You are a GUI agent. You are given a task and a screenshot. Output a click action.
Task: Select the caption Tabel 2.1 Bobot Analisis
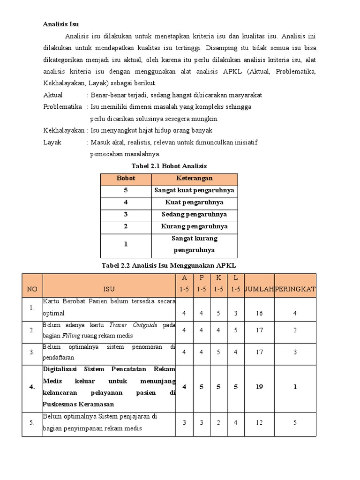click(169, 166)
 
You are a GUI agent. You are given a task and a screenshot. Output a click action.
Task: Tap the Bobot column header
click(126, 178)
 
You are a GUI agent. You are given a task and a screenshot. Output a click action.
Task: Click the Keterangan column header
click(194, 178)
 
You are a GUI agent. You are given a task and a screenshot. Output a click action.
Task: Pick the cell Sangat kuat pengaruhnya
click(194, 190)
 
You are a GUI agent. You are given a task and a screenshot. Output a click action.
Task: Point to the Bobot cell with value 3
click(126, 214)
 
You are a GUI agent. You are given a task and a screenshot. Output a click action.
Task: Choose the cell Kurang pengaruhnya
click(194, 226)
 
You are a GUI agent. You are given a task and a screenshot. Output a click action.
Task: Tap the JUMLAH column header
click(259, 289)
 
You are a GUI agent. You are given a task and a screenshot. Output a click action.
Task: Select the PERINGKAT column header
click(295, 289)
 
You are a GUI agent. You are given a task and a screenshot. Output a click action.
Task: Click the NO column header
click(32, 289)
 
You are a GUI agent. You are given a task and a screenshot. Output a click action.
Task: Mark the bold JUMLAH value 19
click(259, 387)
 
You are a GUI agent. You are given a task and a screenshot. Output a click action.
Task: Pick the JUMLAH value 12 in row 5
click(259, 422)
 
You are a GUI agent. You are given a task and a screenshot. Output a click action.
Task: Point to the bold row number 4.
click(32, 387)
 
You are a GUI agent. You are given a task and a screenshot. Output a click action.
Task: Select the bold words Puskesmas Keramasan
click(78, 404)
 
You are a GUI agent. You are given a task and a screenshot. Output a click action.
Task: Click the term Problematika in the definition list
click(62, 106)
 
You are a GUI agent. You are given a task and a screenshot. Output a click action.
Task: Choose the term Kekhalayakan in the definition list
click(63, 130)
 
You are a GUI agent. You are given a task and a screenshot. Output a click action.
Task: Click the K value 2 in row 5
click(218, 422)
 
